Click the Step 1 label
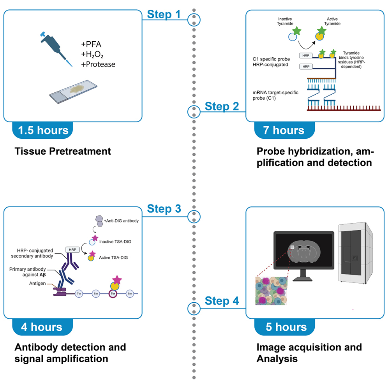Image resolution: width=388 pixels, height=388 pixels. click(x=164, y=15)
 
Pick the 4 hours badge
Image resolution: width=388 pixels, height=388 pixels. click(x=42, y=326)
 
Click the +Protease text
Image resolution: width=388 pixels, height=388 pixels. click(x=98, y=64)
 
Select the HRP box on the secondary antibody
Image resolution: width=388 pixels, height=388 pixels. click(x=72, y=249)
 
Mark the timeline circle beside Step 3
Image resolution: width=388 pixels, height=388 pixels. click(x=194, y=216)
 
